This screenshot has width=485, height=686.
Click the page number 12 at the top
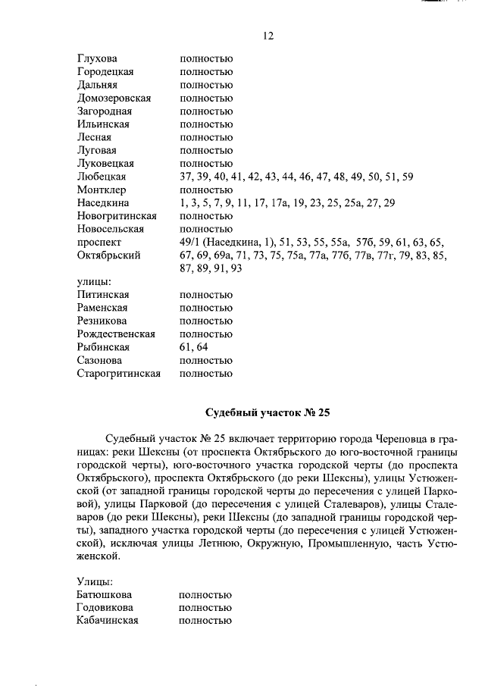point(268,36)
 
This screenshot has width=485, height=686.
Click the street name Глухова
point(97,58)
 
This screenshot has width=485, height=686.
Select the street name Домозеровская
point(114,98)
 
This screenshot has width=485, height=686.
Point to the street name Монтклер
point(102,190)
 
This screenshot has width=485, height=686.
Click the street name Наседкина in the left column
point(103,203)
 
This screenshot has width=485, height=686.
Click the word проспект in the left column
point(99,243)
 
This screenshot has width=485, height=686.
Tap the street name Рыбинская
point(104,347)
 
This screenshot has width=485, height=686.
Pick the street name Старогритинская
point(118,373)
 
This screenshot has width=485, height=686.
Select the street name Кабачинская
point(107,621)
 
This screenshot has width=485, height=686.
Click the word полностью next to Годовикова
point(205,608)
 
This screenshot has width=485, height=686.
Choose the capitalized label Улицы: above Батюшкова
point(95,581)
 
